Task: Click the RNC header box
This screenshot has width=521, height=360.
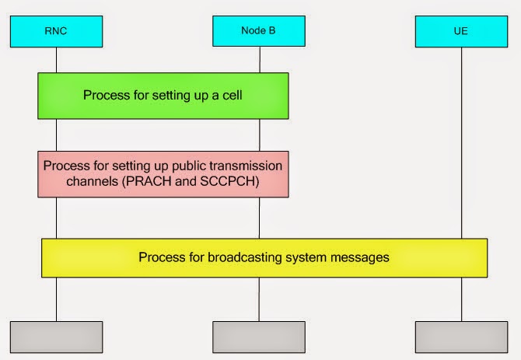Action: click(56, 30)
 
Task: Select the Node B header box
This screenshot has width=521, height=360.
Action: click(259, 30)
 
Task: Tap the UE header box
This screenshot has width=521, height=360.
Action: click(461, 30)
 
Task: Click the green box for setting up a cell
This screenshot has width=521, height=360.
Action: click(163, 96)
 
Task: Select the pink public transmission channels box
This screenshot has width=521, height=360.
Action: click(163, 173)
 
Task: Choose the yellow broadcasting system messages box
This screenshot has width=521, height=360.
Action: click(264, 257)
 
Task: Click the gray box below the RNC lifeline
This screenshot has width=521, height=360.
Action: click(56, 335)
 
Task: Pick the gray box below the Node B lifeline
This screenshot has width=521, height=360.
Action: click(259, 335)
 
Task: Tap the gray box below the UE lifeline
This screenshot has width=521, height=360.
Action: click(461, 335)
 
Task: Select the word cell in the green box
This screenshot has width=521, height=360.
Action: click(231, 96)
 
